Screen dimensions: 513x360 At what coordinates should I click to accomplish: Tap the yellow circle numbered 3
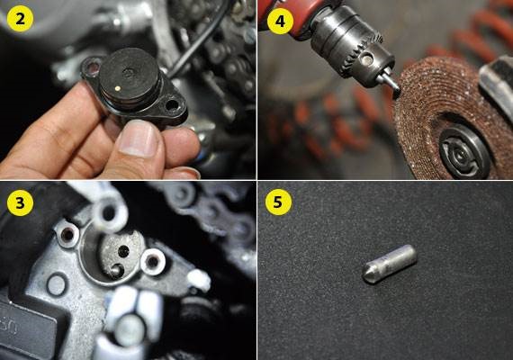point(20,202)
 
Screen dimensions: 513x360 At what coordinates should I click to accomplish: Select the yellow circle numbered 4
point(280,22)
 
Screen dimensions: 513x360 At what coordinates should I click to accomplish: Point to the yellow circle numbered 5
point(277,202)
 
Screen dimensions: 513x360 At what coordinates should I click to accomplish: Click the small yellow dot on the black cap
point(118,88)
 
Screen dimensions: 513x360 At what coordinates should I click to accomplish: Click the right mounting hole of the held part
point(172,105)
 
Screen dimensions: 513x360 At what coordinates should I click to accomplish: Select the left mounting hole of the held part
point(93,67)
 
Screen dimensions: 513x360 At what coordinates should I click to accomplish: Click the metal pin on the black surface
point(389,264)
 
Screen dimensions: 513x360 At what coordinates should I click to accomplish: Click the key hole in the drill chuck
point(367,58)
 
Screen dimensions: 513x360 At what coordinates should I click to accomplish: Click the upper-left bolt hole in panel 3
point(67,234)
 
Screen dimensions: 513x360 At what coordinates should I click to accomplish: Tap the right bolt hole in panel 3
point(153,262)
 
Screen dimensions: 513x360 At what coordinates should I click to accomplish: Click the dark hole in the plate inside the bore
point(123,251)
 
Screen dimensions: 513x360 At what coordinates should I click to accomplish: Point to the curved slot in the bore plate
point(118,271)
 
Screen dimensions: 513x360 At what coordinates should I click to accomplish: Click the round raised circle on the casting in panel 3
point(58,284)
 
